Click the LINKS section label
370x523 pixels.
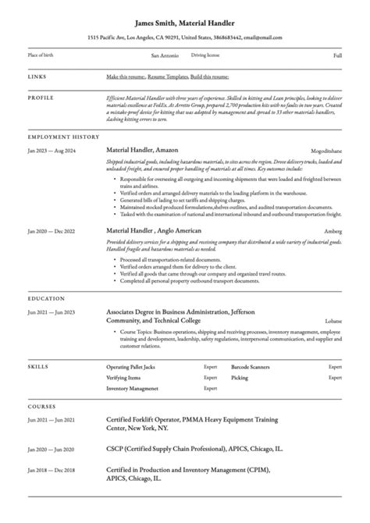pyautogui.click(x=37, y=76)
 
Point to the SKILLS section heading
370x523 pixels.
pyautogui.click(x=38, y=365)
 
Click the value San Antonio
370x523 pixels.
pyautogui.click(x=164, y=56)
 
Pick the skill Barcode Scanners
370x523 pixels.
pyautogui.click(x=250, y=365)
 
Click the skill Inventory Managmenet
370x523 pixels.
pyautogui.click(x=132, y=388)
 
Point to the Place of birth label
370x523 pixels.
pyautogui.click(x=43, y=56)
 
